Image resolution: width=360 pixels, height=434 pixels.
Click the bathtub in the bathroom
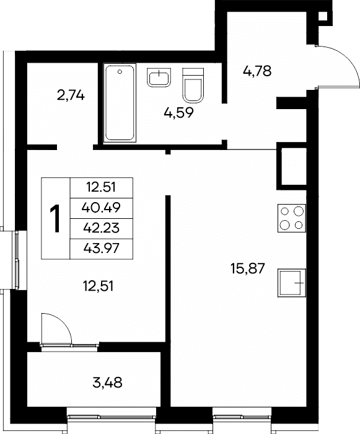pos(120,103)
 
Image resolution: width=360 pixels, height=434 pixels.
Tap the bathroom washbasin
pos(159,77)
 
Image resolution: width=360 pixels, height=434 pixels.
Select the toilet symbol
pos(193,86)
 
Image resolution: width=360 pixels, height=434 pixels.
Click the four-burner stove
pos(292,218)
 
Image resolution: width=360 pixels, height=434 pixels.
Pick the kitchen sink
pos(292,283)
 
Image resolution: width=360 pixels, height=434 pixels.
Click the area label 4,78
pos(257,71)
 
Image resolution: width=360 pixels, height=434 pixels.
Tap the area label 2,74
pos(71,95)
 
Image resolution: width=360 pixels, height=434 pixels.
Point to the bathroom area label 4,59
pos(178,113)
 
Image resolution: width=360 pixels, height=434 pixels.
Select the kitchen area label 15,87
pos(248,268)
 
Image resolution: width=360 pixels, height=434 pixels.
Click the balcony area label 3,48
pos(108,383)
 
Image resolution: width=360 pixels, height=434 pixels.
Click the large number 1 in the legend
pos(55,218)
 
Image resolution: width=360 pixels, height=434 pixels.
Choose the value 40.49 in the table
pos(101,207)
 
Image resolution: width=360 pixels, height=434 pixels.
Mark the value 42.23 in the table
pos(101,228)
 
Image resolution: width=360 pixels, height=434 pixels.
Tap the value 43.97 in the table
pos(101,248)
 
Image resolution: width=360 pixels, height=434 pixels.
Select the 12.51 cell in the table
pos(101,187)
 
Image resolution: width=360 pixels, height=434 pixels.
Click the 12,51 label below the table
pos(99,286)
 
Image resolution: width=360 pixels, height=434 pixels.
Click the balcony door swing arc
pos(63,322)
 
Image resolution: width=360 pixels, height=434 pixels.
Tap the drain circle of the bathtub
pos(120,72)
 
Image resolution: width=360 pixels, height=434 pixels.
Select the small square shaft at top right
pos(323,17)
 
